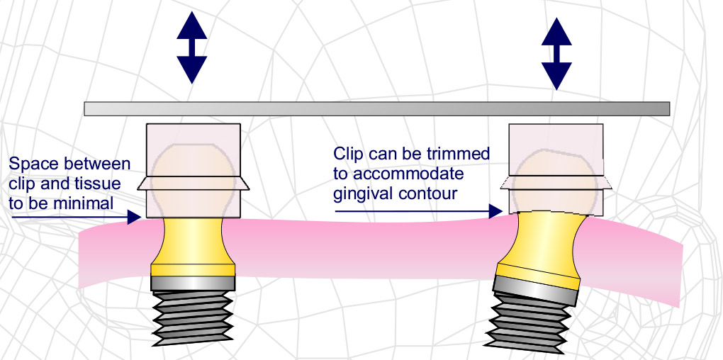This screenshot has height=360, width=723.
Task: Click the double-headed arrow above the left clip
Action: click(191, 47)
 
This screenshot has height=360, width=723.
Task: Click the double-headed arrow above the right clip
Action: click(556, 53)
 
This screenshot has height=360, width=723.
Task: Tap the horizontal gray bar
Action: click(376, 108)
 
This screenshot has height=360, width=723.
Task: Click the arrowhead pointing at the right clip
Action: click(499, 210)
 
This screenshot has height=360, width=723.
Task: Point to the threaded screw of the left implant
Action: click(194, 318)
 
